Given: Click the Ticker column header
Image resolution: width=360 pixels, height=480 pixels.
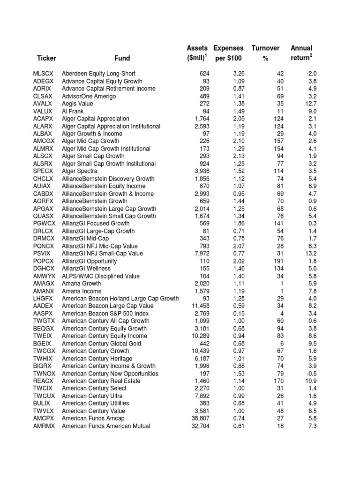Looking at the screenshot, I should point(46,59).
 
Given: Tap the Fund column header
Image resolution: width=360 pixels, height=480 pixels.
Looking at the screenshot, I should point(122,59).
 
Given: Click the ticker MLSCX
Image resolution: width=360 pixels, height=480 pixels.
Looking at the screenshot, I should point(44,74).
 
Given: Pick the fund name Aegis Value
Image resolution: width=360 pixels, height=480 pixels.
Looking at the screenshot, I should point(77,104).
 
